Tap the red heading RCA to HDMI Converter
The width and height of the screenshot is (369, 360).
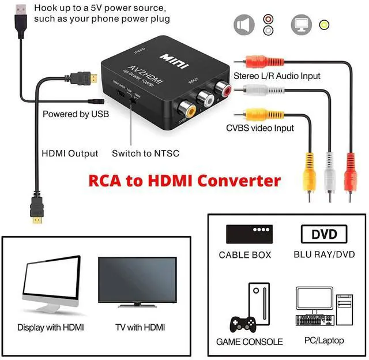[x=184, y=181]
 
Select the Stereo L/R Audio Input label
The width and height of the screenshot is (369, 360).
[x=277, y=76]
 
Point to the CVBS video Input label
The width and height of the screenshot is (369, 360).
[x=260, y=128]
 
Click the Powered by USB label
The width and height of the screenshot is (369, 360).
[x=76, y=114]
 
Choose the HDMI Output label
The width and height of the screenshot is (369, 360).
[x=70, y=153]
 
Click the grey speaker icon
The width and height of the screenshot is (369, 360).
[x=244, y=25]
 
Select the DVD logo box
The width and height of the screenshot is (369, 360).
[x=323, y=235]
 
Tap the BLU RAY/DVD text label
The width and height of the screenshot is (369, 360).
[x=324, y=254]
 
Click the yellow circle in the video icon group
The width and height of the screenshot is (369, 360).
[x=324, y=25]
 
